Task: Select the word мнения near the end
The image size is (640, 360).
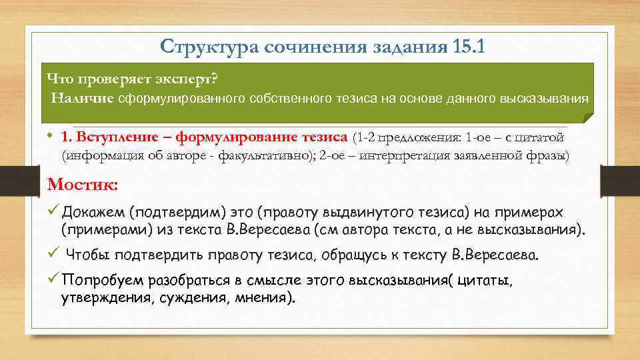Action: pos(261,298)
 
